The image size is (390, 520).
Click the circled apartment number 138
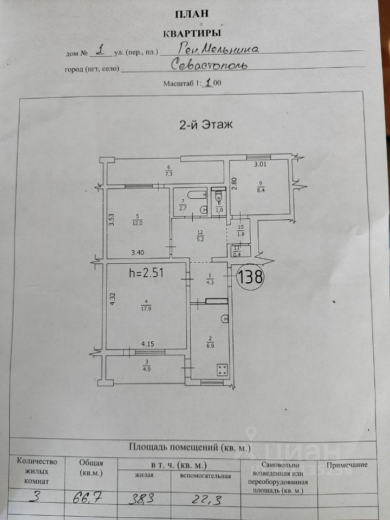point(251,278)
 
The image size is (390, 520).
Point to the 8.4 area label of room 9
point(262,190)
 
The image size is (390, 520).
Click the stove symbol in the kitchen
point(222,370)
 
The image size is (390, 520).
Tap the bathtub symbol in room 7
point(192,195)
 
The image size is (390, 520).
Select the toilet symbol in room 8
point(219,196)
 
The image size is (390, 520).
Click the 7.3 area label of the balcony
point(168,174)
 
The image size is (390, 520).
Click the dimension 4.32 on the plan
point(113,299)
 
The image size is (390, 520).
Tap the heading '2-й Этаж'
point(206,125)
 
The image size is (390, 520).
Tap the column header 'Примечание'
point(347,465)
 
